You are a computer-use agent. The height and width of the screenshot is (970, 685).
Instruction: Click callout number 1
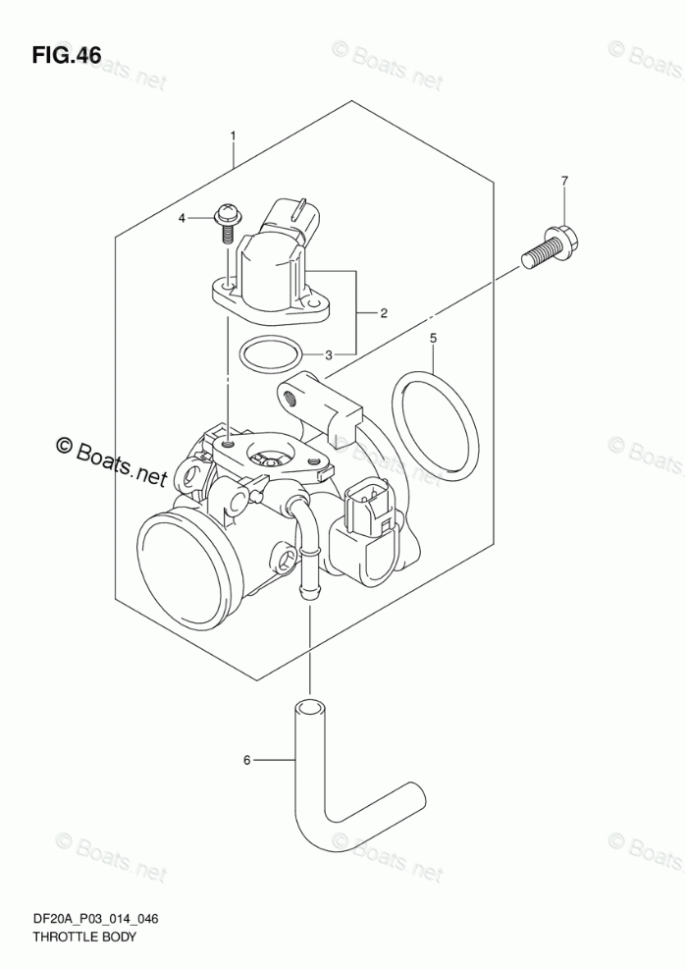(234, 135)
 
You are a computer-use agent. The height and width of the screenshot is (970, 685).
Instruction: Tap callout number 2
(383, 314)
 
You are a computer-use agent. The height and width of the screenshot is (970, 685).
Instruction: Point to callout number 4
(182, 218)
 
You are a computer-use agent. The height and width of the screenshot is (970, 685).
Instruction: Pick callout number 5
(433, 340)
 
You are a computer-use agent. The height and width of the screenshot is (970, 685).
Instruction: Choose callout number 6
(247, 759)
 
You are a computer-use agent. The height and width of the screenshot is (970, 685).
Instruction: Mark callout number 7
(564, 181)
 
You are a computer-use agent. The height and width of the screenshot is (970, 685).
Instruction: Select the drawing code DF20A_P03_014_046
(96, 920)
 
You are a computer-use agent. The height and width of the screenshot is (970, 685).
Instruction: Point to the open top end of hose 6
(308, 708)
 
